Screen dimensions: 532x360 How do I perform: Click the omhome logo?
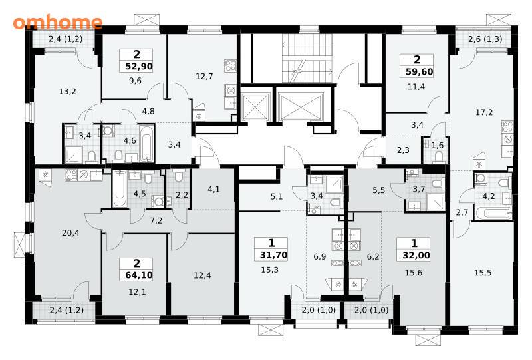tap(58, 22)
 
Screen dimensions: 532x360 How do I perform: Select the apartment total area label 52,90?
tap(139, 67)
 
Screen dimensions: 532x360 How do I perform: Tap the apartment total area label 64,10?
tap(139, 275)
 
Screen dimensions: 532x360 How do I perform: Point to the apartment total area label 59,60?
tap(420, 72)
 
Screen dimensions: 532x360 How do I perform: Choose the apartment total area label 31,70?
tap(273, 255)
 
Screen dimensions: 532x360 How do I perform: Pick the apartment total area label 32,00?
tap(416, 255)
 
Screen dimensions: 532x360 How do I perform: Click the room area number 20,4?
tap(70, 233)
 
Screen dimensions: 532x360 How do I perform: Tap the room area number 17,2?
tap(484, 112)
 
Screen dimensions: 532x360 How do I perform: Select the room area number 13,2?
tap(67, 92)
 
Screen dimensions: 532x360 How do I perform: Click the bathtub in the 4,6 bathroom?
tap(146, 144)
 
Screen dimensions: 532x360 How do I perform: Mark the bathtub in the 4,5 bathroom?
tap(120, 189)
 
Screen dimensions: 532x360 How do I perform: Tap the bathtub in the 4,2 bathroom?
tap(493, 214)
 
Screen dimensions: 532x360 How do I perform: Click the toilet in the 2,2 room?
tap(179, 176)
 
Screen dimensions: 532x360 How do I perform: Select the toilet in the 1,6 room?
tap(439, 156)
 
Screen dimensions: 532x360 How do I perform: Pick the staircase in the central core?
tap(307, 59)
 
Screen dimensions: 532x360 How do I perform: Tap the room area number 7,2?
tap(156, 221)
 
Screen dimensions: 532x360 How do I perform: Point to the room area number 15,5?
tap(483, 273)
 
